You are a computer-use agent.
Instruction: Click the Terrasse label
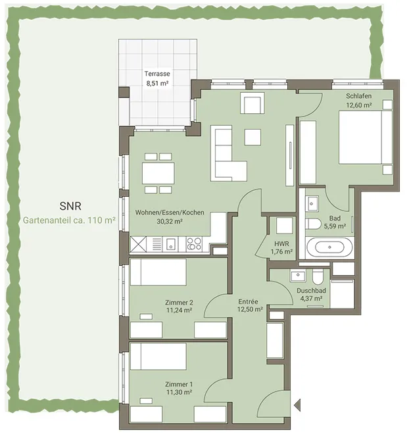click(x=157, y=74)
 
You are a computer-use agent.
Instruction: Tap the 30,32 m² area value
click(x=170, y=221)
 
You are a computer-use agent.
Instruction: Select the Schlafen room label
click(x=359, y=96)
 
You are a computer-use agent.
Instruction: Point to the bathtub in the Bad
click(x=329, y=247)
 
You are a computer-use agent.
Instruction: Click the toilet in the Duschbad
click(x=318, y=276)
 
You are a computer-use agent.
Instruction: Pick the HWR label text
click(x=281, y=243)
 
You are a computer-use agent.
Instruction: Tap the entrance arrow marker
click(x=297, y=405)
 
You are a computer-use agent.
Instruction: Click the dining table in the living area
click(x=158, y=173)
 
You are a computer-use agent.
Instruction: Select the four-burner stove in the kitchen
click(x=194, y=244)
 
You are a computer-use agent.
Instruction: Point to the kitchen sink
click(x=170, y=244)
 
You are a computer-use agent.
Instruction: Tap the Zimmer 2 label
click(x=179, y=302)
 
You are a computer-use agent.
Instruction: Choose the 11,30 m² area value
click(x=179, y=392)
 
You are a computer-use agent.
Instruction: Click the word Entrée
click(x=248, y=301)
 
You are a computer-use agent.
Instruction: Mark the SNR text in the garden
click(x=70, y=206)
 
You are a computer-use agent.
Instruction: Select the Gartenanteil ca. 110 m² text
click(x=69, y=220)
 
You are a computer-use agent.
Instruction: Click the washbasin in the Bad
click(x=312, y=203)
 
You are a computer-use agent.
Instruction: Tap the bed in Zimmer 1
click(x=158, y=356)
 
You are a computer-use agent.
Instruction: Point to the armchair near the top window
click(x=252, y=103)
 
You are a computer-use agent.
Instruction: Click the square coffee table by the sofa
click(x=252, y=138)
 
